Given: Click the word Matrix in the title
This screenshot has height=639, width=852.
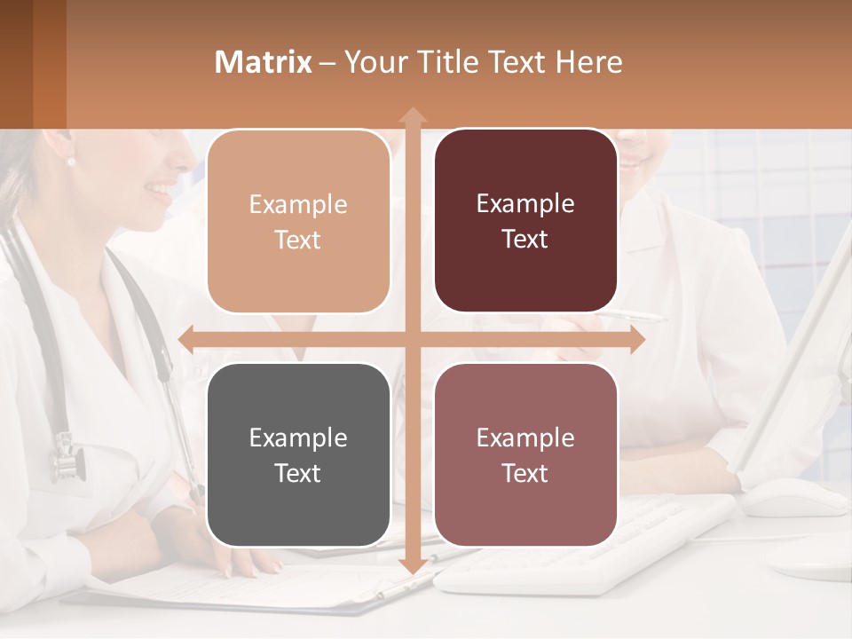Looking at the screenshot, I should (x=264, y=62).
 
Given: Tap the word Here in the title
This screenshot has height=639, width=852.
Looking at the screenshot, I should (x=588, y=62).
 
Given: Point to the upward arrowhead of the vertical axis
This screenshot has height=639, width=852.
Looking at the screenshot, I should (x=412, y=115).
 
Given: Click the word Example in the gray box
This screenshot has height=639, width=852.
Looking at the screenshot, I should (x=298, y=438).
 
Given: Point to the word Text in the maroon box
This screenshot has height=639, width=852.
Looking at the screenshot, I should (x=525, y=239).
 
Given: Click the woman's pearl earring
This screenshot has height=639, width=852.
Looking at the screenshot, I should (x=71, y=162).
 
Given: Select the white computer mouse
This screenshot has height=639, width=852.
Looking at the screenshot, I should (x=793, y=496).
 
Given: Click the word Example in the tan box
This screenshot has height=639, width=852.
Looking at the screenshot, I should (x=298, y=204).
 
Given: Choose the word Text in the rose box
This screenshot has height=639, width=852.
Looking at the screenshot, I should (x=525, y=473).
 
